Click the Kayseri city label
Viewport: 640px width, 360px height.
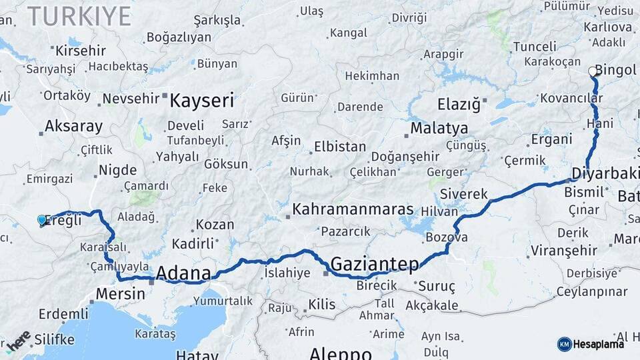click(x=202, y=101)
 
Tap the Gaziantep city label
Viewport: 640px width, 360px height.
click(x=375, y=264)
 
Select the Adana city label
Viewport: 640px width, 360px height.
click(x=183, y=273)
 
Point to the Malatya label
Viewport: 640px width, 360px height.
click(x=439, y=128)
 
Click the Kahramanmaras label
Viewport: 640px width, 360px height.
click(x=353, y=209)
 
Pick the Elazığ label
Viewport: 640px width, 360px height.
click(x=459, y=105)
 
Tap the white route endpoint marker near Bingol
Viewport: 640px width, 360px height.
click(x=593, y=71)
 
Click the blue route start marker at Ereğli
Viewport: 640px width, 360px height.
click(x=42, y=219)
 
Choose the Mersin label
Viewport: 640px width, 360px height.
click(x=120, y=293)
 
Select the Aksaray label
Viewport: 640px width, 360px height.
click(x=73, y=127)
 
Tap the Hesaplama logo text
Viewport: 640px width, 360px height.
click(x=599, y=344)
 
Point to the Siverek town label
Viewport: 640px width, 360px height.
click(x=464, y=195)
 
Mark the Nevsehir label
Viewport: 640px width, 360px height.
click(x=131, y=98)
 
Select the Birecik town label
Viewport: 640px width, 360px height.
click(x=377, y=285)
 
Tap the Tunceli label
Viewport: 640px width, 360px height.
click(x=534, y=47)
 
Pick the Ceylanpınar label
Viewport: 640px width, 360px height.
click(x=592, y=292)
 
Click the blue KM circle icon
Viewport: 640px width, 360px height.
click(x=564, y=344)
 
